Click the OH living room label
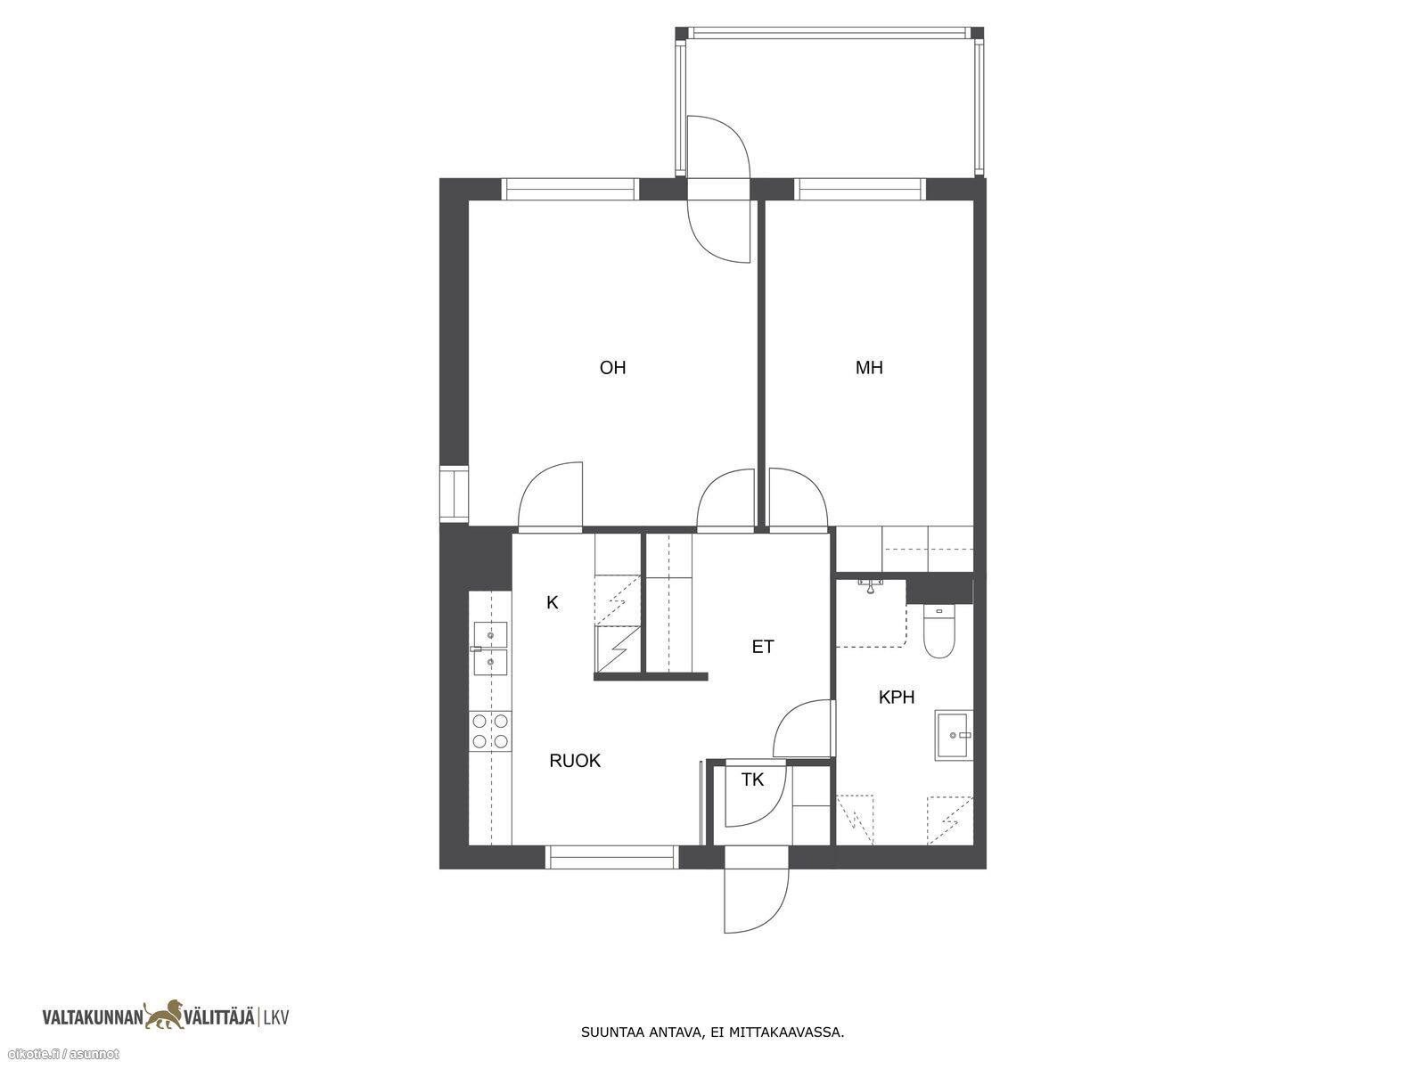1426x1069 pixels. pyautogui.click(x=612, y=368)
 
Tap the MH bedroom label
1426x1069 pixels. pyautogui.click(x=869, y=368)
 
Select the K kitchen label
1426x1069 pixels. pyautogui.click(x=553, y=603)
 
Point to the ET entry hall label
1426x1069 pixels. pyautogui.click(x=763, y=647)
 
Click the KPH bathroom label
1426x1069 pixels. pyautogui.click(x=897, y=698)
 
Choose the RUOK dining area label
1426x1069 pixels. pyautogui.click(x=575, y=761)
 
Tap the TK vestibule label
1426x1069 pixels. pyautogui.click(x=752, y=779)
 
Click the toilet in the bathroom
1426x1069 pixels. pyautogui.click(x=938, y=632)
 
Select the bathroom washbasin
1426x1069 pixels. pyautogui.click(x=954, y=735)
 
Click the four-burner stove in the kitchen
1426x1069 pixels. pyautogui.click(x=490, y=730)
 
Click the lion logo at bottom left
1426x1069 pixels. pyautogui.click(x=167, y=1016)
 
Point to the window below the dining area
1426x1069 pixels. pyautogui.click(x=612, y=857)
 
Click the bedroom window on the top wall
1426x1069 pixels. pyautogui.click(x=859, y=190)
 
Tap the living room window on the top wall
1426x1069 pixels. pyautogui.click(x=571, y=190)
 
